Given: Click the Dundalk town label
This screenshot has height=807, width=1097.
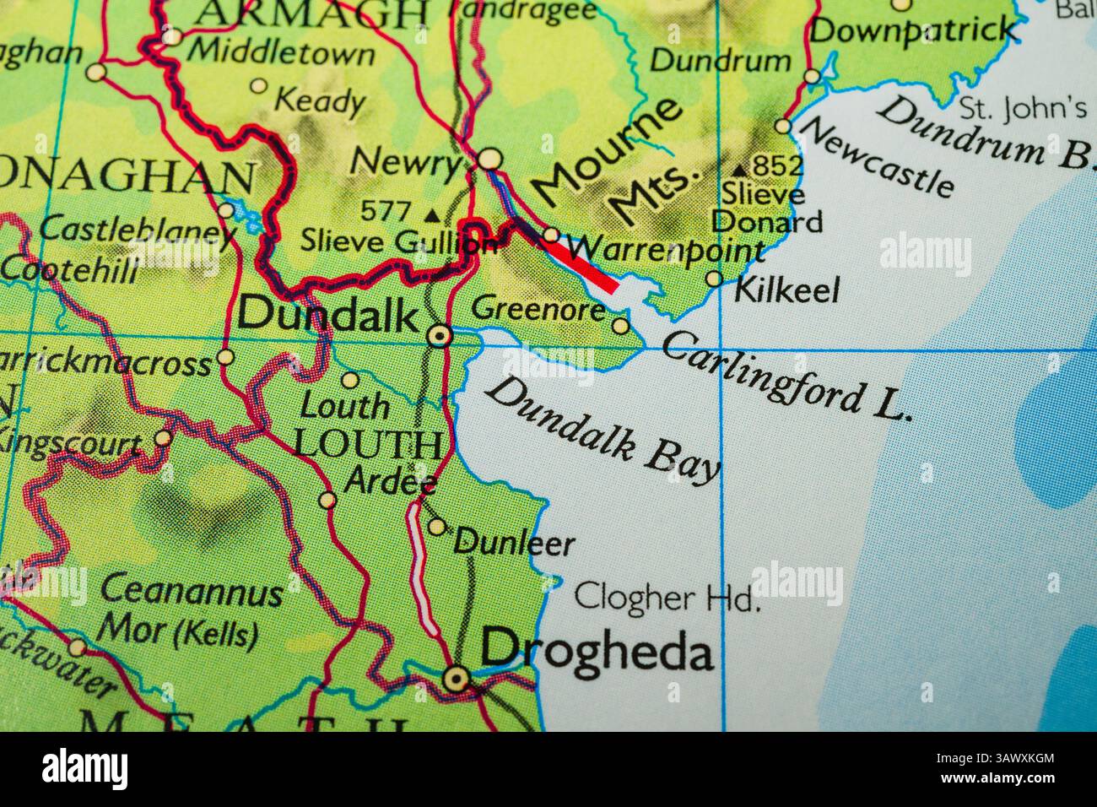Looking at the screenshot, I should tap(327, 316).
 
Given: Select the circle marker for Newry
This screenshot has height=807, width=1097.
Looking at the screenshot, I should tap(489, 159).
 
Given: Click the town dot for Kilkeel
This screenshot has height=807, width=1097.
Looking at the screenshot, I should tap(714, 279).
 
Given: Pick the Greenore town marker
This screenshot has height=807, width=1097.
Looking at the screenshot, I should tap(620, 326).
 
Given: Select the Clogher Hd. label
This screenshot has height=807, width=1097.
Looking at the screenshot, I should tap(667, 598).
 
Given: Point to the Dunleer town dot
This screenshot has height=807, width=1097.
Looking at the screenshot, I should tap(436, 527).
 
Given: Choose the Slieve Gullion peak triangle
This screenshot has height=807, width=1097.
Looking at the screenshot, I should tap(433, 215).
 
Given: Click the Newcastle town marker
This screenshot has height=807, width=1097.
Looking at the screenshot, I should tap(783, 127).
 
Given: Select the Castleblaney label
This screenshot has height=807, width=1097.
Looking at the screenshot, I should tap(138, 229).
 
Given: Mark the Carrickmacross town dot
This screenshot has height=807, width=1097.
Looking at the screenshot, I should tap(225, 357).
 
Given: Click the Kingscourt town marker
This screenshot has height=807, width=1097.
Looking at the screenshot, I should tap(163, 438).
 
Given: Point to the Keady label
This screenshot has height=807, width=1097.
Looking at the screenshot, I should tap(319, 102).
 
